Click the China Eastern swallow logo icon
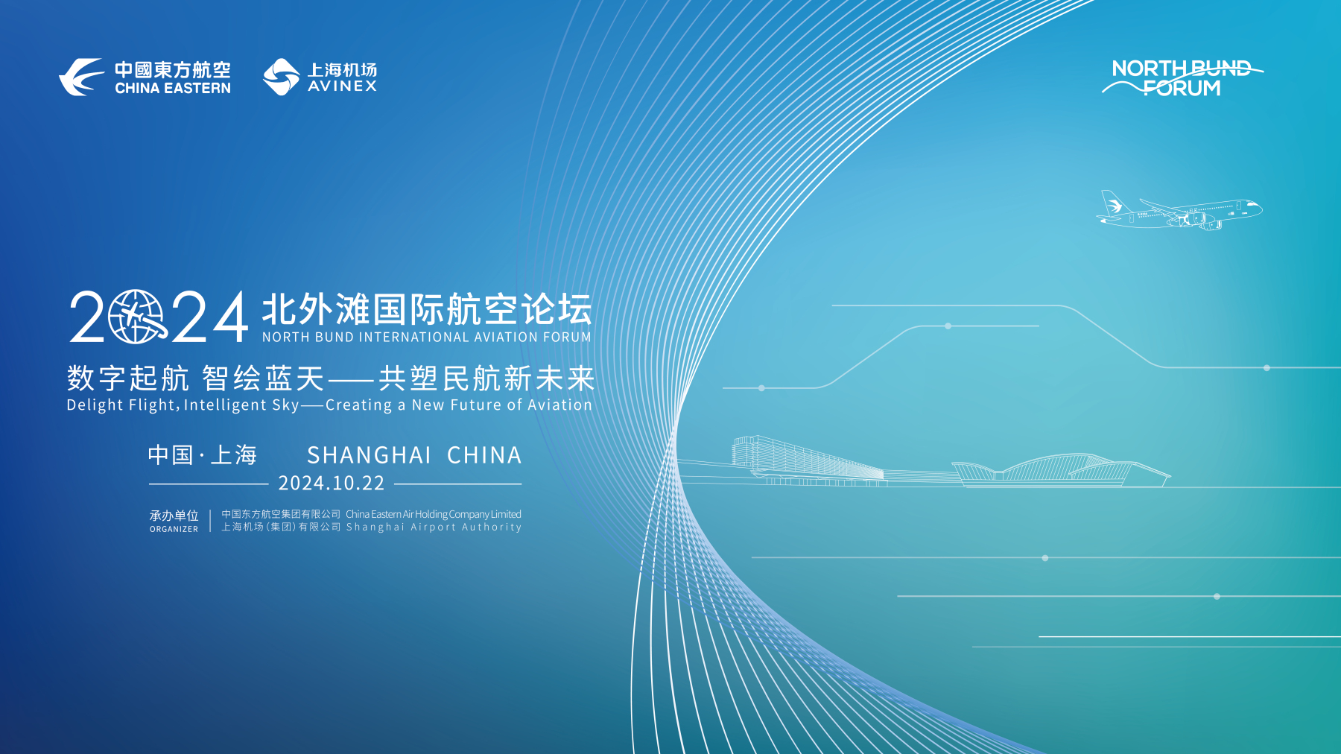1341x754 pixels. point(81,77)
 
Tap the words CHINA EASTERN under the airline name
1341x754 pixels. point(173,88)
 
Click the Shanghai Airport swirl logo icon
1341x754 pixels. point(282,77)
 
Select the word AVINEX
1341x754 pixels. point(343,86)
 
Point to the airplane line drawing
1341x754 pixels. point(1179,210)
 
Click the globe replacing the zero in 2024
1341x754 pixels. point(136,317)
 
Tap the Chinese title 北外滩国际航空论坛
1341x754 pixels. point(427,309)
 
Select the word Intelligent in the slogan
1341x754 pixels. point(225,405)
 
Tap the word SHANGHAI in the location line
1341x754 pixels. point(370,455)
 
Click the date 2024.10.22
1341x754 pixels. point(332,484)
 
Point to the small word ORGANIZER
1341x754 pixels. point(174,529)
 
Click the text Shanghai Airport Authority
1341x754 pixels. point(434,527)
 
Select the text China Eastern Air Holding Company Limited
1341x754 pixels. point(434,514)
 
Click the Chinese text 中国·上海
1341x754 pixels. point(203,454)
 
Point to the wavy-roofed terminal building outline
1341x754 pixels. point(1061,470)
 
